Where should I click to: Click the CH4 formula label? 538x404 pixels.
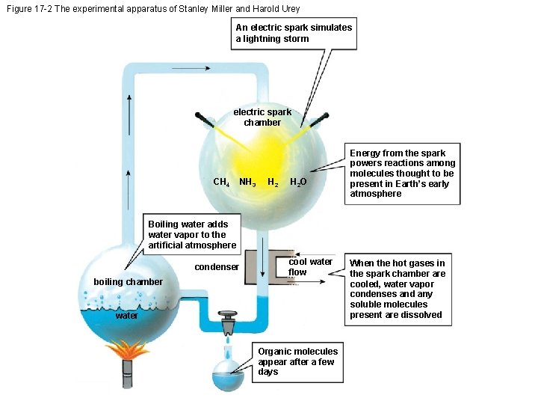click(x=221, y=182)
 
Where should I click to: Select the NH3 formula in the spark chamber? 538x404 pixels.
click(x=247, y=182)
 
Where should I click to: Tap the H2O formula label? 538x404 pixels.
click(x=297, y=182)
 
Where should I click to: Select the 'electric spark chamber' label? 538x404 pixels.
click(x=262, y=117)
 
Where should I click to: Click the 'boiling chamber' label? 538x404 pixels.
click(x=128, y=282)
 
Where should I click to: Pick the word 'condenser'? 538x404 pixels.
click(x=217, y=267)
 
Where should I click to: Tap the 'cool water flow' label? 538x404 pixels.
click(x=309, y=266)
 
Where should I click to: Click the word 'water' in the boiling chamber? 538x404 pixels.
click(x=126, y=316)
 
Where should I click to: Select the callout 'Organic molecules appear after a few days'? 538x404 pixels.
click(x=297, y=361)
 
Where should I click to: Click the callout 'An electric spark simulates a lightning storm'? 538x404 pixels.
click(x=293, y=33)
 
